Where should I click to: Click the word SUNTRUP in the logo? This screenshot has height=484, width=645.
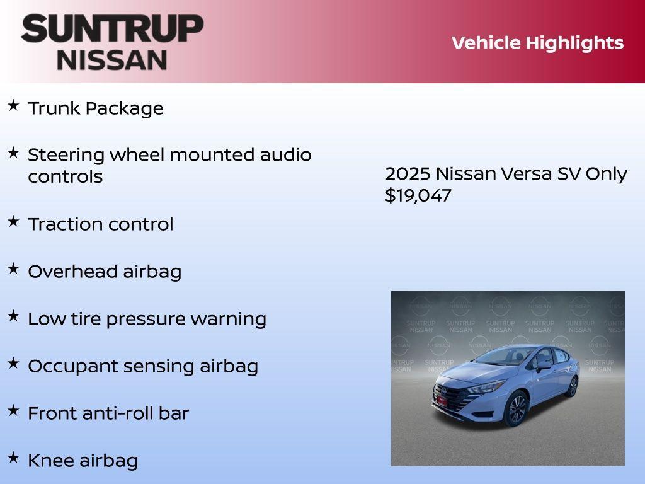coord(112,29)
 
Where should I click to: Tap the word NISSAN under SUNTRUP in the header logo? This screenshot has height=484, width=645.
coord(112,60)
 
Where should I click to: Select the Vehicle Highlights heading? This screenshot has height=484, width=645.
coord(537,43)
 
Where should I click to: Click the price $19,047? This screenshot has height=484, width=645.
coord(418,195)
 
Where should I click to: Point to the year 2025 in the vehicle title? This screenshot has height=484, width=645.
coord(408,174)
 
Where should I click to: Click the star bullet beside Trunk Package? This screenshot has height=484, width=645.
coord(13,105)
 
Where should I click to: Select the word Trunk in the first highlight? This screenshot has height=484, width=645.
coord(54,108)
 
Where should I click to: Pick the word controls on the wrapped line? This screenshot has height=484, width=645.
coord(65,177)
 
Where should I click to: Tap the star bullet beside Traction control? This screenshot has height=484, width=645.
coord(13,221)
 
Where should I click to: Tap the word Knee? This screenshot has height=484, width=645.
coord(51,461)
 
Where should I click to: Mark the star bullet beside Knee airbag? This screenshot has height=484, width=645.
coord(13,457)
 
